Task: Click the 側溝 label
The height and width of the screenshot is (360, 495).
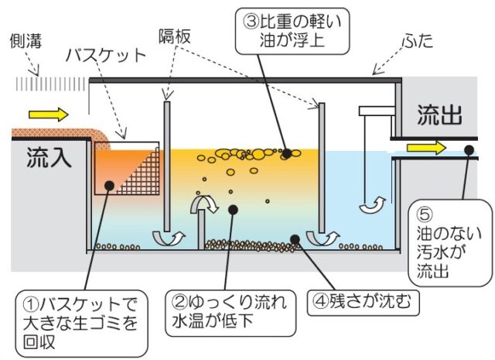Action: pyautogui.click(x=26, y=41)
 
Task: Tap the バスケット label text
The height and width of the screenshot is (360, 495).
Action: pyautogui.click(x=106, y=56)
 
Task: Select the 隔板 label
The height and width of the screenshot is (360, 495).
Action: pyautogui.click(x=175, y=36)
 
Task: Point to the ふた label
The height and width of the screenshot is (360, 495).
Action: pyautogui.click(x=418, y=41)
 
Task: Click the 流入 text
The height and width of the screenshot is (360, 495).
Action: pyautogui.click(x=49, y=156)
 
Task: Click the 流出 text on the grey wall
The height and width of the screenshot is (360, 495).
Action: pyautogui.click(x=439, y=115)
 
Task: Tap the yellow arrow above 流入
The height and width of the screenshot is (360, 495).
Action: pyautogui.click(x=49, y=115)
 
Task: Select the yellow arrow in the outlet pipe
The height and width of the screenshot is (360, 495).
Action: pyautogui.click(x=426, y=148)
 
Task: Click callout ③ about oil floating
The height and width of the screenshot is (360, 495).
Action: pyautogui.click(x=292, y=31)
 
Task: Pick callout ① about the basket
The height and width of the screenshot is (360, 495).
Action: pyautogui.click(x=81, y=324)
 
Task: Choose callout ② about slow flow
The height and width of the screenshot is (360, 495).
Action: pyautogui.click(x=230, y=313)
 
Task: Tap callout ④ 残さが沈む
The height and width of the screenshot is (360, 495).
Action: pyautogui.click(x=363, y=301)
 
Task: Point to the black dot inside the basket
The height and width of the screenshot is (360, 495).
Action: pyautogui.click(x=109, y=186)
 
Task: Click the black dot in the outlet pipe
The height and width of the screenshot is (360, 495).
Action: pyautogui.click(x=469, y=150)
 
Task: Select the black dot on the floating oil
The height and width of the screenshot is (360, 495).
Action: pyautogui.click(x=287, y=153)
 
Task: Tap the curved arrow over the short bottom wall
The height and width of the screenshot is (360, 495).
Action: pyautogui.click(x=205, y=204)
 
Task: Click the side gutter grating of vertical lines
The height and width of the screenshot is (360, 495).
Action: pyautogui.click(x=51, y=84)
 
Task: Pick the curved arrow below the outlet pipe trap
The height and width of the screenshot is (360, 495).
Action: pyautogui.click(x=373, y=205)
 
